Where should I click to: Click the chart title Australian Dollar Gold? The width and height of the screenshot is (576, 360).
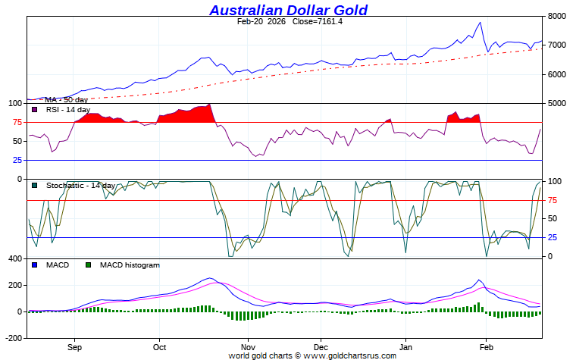[288, 10]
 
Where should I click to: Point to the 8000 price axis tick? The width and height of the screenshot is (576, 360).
[557, 16]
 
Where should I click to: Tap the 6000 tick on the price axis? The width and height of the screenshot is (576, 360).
[557, 74]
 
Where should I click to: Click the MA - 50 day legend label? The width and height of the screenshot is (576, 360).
[66, 99]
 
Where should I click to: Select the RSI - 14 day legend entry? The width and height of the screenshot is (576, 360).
[68, 110]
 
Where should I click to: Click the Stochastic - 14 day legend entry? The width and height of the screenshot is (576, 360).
[80, 186]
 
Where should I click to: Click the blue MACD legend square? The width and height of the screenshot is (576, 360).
[35, 265]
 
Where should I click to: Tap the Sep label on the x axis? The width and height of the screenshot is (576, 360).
[74, 347]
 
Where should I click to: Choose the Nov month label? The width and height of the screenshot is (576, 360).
[246, 347]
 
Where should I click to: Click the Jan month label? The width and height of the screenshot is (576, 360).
[405, 347]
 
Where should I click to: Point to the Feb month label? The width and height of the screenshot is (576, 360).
[486, 347]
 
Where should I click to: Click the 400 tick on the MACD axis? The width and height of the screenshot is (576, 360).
[14, 259]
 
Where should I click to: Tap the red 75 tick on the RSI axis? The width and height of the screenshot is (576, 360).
[16, 123]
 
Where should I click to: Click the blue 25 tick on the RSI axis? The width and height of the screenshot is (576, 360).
[16, 160]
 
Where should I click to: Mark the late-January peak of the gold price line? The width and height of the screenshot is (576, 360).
[480, 23]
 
